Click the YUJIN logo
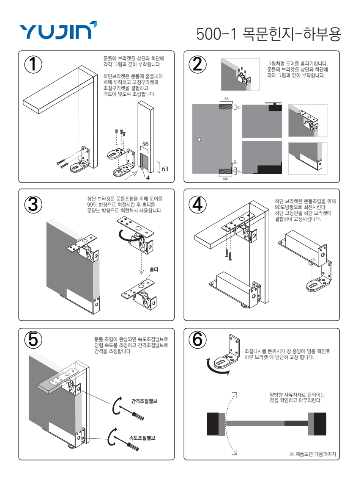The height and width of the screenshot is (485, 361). [58, 30]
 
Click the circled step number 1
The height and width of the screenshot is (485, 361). [33, 64]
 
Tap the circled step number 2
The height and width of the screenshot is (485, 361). [197, 64]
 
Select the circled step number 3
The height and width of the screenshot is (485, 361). [33, 205]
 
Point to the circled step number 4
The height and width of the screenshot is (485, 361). [197, 205]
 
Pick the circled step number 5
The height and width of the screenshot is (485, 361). [33, 339]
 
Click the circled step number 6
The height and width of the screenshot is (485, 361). [197, 339]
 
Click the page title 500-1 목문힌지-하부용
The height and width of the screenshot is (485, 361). [269, 34]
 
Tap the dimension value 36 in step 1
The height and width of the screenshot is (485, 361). [145, 144]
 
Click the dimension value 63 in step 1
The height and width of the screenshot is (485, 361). [165, 169]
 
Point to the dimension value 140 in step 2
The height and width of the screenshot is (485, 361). [225, 179]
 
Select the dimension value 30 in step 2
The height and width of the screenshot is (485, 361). [238, 107]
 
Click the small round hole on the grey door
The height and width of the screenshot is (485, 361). [199, 139]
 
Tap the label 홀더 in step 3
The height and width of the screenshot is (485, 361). [154, 269]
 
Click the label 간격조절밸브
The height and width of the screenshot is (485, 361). [144, 401]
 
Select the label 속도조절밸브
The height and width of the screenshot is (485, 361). [142, 438]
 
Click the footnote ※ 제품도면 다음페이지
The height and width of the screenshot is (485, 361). [312, 454]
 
